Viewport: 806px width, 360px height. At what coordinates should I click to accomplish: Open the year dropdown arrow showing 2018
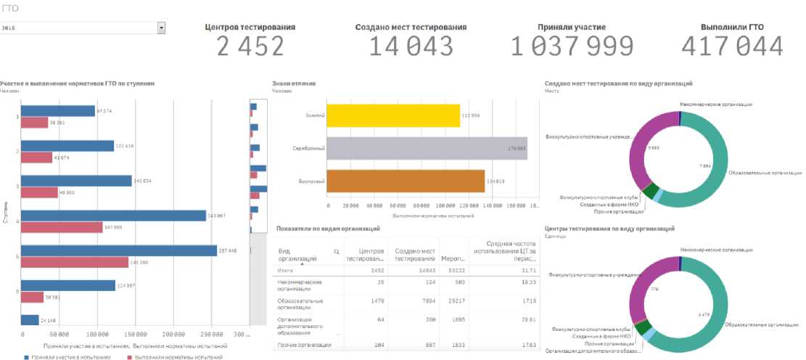coord(161,28)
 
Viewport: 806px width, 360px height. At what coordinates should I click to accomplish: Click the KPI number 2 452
coord(250,46)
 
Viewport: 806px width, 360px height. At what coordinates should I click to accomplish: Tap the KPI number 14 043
coord(411,46)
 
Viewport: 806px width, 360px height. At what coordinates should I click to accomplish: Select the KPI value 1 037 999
coord(572,46)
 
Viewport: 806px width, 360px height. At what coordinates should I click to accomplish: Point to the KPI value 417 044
coord(732,46)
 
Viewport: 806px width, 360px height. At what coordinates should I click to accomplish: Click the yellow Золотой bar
coord(393,115)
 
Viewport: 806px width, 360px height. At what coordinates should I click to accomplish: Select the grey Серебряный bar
coord(427,148)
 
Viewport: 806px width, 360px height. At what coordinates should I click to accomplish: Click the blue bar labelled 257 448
coord(119,250)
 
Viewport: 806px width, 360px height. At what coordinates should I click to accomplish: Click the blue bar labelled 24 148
coord(30,320)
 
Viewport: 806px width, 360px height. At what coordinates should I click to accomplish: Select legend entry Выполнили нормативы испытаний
coord(178,357)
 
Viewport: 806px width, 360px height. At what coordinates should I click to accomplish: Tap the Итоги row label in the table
coord(287,269)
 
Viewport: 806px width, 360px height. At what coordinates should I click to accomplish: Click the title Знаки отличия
coord(293,83)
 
